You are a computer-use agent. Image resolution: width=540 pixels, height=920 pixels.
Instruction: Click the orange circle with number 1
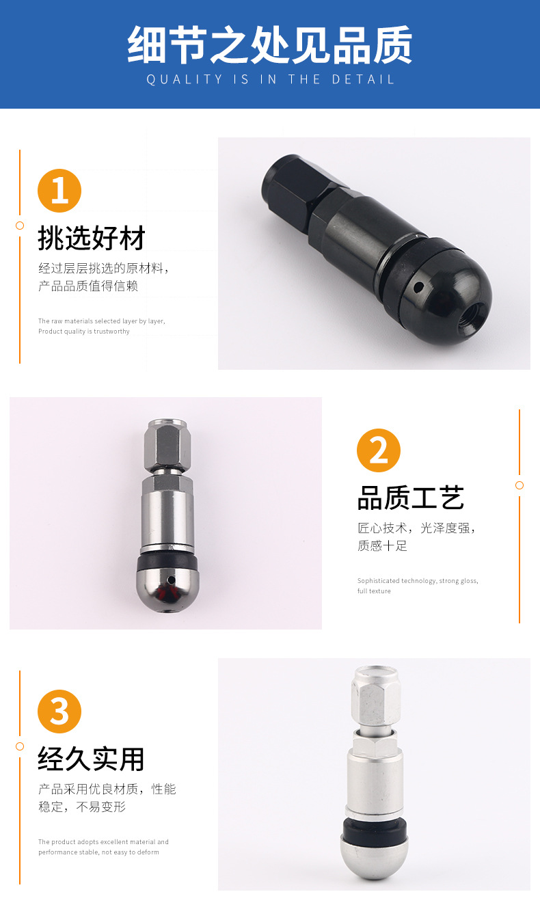pos(59,191)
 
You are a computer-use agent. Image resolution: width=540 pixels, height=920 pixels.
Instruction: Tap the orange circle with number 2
pos(379,450)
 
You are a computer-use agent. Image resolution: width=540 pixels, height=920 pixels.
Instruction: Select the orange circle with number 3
pos(59,712)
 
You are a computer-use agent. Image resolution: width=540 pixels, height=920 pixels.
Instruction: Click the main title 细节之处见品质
pos(270,45)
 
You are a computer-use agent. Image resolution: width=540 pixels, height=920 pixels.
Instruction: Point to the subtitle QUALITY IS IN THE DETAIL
pos(271,79)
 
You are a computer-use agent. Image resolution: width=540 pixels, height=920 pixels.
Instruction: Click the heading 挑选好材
pos(92,239)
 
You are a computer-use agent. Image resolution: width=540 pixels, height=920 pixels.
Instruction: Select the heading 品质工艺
pos(411,498)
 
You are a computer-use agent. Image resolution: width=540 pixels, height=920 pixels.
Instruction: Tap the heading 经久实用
pos(92,759)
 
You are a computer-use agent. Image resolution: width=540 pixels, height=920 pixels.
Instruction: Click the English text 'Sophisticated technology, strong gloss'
pos(418,581)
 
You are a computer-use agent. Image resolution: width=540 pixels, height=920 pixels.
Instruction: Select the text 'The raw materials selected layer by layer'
pos(101,321)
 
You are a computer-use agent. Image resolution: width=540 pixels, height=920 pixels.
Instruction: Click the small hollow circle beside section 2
pos(519,485)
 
